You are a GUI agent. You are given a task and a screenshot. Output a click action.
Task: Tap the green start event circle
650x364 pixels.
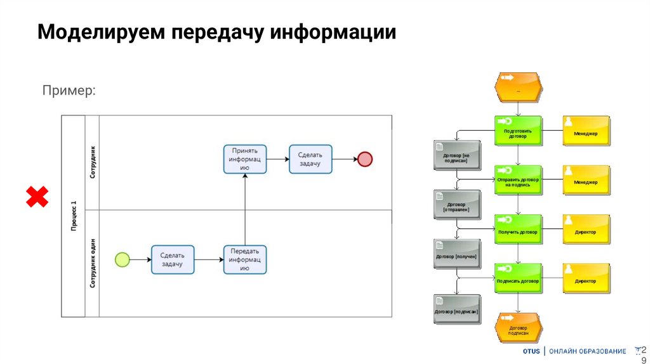pos(122,259)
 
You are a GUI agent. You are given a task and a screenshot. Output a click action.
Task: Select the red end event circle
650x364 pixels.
pos(364,159)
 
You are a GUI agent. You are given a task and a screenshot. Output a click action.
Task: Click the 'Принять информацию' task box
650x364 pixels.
pos(245,159)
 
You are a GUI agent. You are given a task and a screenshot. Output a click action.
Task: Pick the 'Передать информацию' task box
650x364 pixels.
pos(245,259)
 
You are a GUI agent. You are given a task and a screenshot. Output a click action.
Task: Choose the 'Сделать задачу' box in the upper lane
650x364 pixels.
pos(310,159)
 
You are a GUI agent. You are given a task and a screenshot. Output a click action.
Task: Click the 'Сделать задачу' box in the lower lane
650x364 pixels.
pos(172,259)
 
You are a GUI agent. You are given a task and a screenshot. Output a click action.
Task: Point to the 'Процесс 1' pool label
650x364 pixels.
pos(73,216)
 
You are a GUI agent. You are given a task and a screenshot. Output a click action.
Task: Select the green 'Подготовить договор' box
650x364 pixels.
pos(518,131)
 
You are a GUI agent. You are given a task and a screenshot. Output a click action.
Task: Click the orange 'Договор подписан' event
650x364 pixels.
pos(519,327)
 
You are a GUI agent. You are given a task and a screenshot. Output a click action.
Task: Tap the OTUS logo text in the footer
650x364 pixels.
pos(531,351)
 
